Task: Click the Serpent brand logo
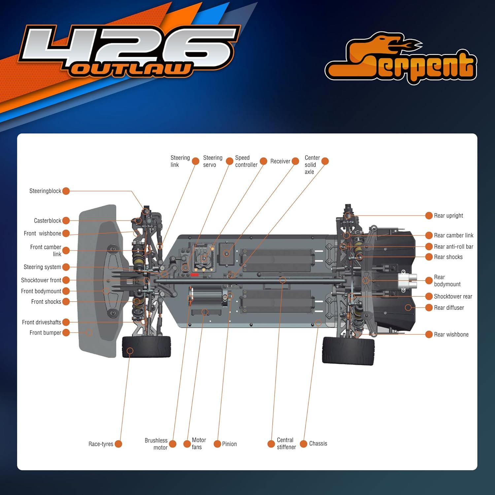pyautogui.click(x=401, y=59)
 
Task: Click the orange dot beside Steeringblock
pyautogui.click(x=66, y=191)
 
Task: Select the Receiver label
pyautogui.click(x=280, y=161)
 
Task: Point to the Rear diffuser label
pyautogui.click(x=449, y=308)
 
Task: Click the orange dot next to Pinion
pyautogui.click(x=217, y=444)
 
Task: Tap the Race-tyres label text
pyautogui.click(x=101, y=444)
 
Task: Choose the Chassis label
pyautogui.click(x=318, y=444)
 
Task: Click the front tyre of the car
pyautogui.click(x=146, y=347)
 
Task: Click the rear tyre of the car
pyautogui.click(x=348, y=350)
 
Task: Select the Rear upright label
pyautogui.click(x=448, y=215)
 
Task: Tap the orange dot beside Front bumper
pyautogui.click(x=66, y=332)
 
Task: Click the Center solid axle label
pyautogui.click(x=312, y=165)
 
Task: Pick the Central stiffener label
pyautogui.click(x=286, y=444)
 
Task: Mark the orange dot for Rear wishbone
pyautogui.click(x=429, y=334)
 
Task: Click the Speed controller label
pyautogui.click(x=246, y=161)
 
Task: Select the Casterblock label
pyautogui.click(x=48, y=220)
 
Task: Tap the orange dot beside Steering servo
pyautogui.click(x=229, y=161)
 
